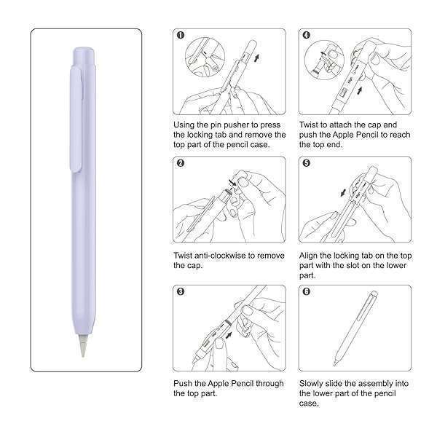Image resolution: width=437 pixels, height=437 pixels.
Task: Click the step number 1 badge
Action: (181, 35)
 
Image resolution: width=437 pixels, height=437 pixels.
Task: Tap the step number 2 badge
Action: (181, 163)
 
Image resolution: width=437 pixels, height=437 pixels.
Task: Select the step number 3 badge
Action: (181, 291)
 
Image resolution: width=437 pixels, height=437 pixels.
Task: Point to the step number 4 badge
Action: (307, 35)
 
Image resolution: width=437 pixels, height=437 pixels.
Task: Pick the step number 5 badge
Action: (307, 163)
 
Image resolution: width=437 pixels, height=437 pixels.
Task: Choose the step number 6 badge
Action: (307, 291)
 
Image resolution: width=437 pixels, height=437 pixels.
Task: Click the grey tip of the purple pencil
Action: (83, 345)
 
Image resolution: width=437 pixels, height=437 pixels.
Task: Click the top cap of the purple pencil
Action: (84, 57)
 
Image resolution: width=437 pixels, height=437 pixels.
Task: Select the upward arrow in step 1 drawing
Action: (256, 58)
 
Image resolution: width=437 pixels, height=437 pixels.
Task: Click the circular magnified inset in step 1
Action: (205, 57)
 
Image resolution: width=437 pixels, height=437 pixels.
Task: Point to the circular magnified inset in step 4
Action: (324, 60)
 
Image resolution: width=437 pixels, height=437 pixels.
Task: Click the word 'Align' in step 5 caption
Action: (308, 256)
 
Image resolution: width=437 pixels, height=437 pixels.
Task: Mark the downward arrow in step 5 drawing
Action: (343, 192)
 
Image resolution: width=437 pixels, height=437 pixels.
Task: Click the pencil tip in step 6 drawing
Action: (335, 364)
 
